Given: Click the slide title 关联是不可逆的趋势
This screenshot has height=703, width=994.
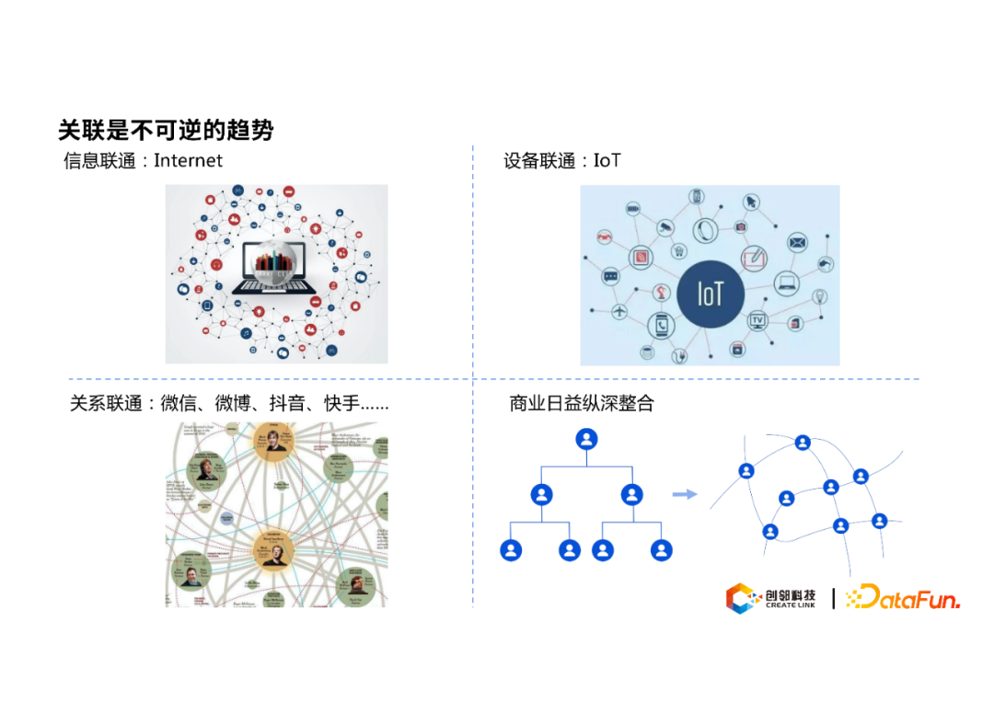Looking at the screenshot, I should click(166, 130).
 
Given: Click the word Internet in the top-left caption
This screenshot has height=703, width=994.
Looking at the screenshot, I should click(188, 161).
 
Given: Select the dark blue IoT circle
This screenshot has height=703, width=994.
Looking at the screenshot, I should click(710, 294).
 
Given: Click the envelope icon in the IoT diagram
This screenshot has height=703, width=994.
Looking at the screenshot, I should click(797, 243).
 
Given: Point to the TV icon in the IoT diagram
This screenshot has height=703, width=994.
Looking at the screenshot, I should click(758, 320).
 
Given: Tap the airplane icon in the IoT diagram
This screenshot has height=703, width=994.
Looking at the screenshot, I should click(618, 312).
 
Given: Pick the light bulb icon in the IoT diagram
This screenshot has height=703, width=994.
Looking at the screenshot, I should click(819, 296).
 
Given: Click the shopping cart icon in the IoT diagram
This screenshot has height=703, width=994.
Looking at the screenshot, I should click(679, 249).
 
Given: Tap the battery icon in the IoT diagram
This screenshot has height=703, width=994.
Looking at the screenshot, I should click(634, 210).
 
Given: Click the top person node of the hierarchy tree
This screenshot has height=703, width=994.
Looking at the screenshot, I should click(587, 439).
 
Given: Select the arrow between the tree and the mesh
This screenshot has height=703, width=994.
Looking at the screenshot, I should click(684, 495).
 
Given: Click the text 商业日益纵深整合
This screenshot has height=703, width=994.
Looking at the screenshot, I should click(582, 403).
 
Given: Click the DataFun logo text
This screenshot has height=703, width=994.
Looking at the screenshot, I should click(903, 599).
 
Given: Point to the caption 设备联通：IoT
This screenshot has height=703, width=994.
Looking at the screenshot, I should click(561, 161).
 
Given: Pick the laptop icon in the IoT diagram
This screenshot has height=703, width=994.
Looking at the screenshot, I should click(787, 282).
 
